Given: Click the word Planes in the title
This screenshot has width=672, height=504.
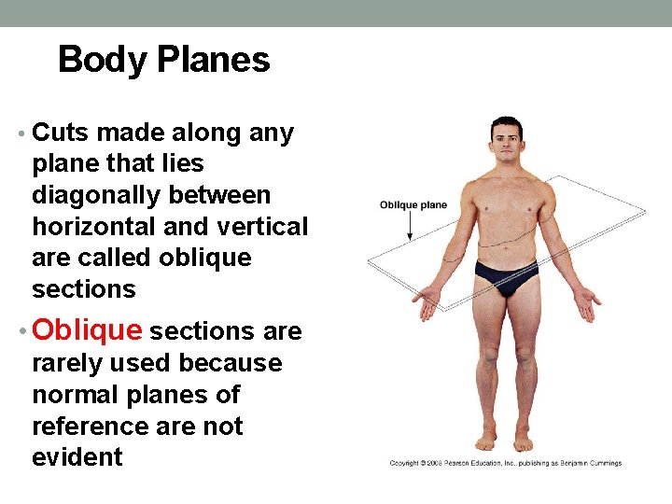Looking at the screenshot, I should (x=214, y=61).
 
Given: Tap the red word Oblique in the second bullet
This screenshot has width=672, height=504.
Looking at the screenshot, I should (x=87, y=330).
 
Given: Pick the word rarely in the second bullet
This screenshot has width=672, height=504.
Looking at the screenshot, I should (x=70, y=362).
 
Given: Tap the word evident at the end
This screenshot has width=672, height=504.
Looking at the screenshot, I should (x=77, y=457).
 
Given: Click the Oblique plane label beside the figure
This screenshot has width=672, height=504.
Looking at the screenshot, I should (x=413, y=205).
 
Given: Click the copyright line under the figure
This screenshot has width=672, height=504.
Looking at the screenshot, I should (x=505, y=463).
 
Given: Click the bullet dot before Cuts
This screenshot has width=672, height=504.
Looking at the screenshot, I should (x=22, y=134).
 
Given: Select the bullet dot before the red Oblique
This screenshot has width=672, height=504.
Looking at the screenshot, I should (x=22, y=331).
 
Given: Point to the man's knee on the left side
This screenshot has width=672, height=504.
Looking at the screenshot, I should (x=488, y=356).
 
